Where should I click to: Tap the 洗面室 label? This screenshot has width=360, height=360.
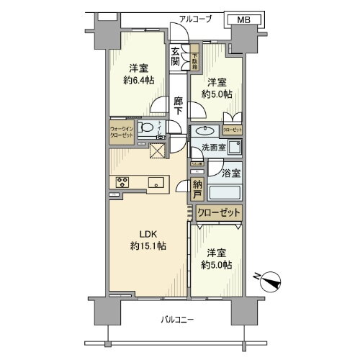[x=214, y=148]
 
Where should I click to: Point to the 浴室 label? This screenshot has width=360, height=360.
[x=231, y=173]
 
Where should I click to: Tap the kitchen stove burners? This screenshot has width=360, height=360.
[x=120, y=182]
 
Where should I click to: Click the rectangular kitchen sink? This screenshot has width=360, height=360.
[x=155, y=182]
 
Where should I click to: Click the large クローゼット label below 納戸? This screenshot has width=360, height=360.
[x=220, y=213]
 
